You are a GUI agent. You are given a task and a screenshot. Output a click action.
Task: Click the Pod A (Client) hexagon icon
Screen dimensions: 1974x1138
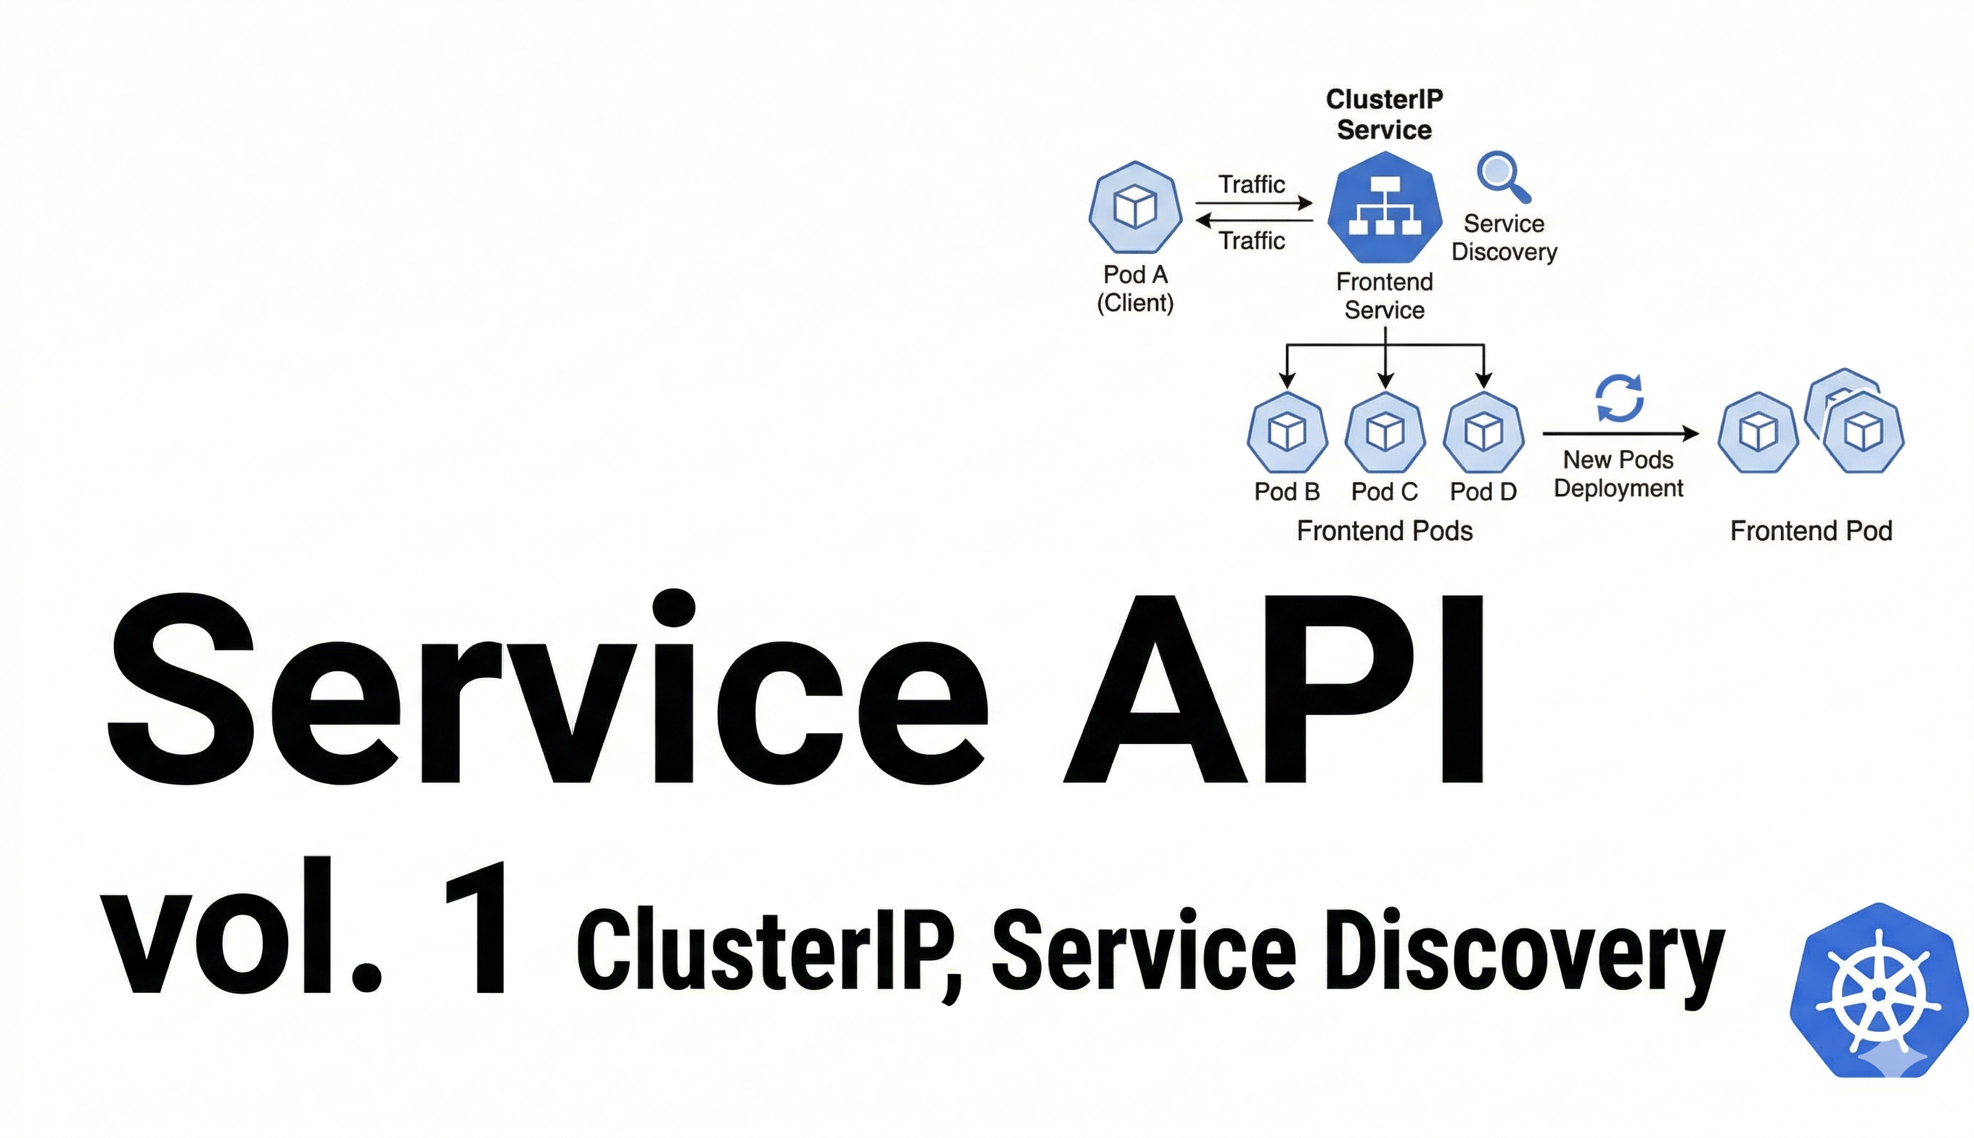coord(1135,207)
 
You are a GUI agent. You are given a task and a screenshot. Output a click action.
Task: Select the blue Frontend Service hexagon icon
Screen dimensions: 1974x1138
coord(1385,207)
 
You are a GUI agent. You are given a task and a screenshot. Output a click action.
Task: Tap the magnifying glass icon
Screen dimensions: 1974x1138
coord(1504,176)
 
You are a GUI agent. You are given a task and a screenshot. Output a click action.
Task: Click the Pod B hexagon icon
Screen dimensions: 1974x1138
coord(1287,433)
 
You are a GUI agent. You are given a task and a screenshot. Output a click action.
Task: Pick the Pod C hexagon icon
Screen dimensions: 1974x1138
coord(1385,433)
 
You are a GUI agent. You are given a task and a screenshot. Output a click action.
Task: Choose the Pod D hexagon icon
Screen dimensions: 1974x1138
coord(1484,433)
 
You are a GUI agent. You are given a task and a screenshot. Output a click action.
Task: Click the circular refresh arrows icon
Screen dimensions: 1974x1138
coord(1619,398)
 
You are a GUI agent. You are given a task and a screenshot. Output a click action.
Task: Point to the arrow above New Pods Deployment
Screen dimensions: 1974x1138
coord(1621,433)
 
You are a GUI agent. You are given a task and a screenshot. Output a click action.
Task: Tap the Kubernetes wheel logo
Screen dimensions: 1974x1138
coord(1879,990)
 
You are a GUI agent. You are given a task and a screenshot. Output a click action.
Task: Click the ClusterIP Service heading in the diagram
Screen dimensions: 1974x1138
coord(1384,114)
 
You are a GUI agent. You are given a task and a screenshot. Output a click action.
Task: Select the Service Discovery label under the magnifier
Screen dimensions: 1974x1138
coord(1504,237)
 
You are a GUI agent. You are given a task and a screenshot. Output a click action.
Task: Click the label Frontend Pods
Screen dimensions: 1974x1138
coord(1385,531)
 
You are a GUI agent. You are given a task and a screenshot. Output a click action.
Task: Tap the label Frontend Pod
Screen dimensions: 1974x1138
coord(1811,531)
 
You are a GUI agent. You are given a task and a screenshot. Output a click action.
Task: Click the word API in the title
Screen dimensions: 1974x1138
coord(1274,689)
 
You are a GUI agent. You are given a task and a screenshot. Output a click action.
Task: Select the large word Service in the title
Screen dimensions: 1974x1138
coord(547,687)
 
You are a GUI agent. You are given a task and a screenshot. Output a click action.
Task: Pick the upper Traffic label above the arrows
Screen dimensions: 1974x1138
coord(1252,184)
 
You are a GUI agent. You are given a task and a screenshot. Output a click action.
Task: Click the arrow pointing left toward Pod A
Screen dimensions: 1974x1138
coord(1254,221)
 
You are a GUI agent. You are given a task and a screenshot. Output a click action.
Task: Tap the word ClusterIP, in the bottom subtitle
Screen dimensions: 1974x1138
coord(770,955)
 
